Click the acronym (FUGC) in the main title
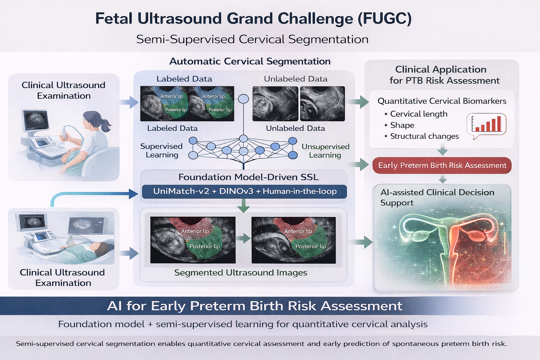(x=384, y=19)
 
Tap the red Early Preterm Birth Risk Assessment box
(x=442, y=165)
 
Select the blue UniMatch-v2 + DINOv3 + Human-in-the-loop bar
(x=244, y=192)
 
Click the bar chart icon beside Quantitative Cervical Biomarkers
(x=487, y=124)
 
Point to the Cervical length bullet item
(x=418, y=114)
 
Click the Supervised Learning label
(x=161, y=150)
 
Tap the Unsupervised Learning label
(x=325, y=151)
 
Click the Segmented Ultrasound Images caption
(x=240, y=272)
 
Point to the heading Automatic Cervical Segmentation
(x=250, y=61)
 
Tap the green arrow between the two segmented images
(x=243, y=239)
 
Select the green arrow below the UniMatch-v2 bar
(x=243, y=206)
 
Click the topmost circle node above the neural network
(x=243, y=98)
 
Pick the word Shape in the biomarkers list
(x=402, y=125)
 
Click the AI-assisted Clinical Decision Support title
(x=437, y=197)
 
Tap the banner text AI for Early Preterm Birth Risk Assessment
(x=255, y=306)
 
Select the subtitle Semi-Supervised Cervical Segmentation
(x=252, y=39)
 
